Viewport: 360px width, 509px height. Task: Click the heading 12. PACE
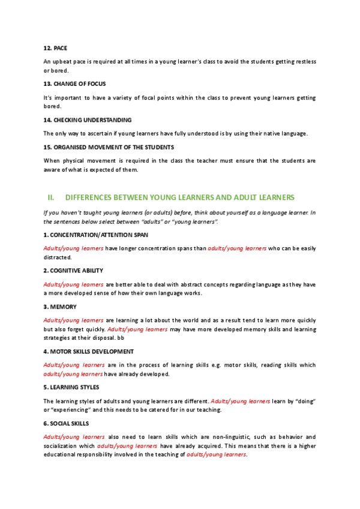[x=55, y=47]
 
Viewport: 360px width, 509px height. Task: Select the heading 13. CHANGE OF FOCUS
[x=74, y=83]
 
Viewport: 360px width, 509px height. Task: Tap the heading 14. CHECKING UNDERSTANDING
[x=87, y=119]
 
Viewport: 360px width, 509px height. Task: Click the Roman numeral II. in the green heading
[x=51, y=197]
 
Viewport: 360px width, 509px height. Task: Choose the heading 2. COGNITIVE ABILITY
[x=73, y=271]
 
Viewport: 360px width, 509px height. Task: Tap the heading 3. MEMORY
[x=60, y=307]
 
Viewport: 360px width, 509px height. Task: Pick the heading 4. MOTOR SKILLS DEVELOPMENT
[x=88, y=351]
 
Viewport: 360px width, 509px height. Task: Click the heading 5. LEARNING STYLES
[x=71, y=387]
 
